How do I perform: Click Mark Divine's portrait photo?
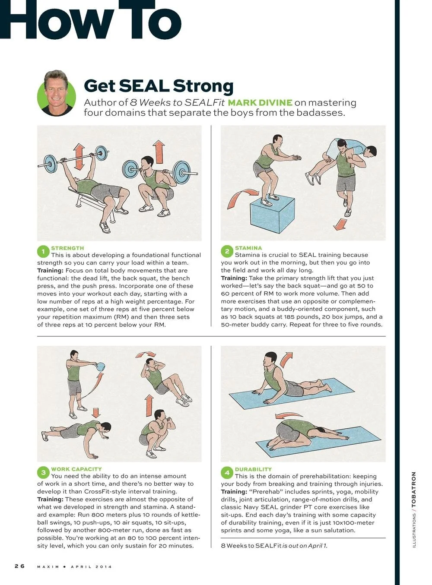57,93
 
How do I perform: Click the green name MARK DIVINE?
260,103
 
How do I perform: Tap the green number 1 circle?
43,251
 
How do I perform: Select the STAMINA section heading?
248,248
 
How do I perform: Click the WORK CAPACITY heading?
76,469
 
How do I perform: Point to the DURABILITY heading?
253,469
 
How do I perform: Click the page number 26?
19,566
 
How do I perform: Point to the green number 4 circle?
227,472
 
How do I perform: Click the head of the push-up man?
105,428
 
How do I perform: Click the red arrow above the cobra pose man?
286,358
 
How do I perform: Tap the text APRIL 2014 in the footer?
91,566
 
